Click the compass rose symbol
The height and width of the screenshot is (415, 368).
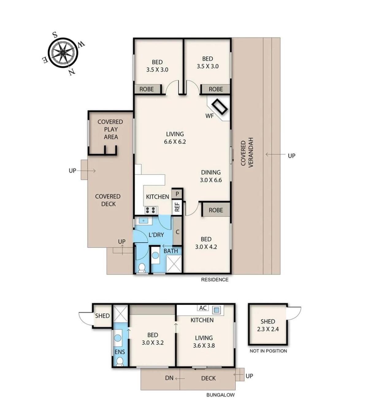click(x=63, y=53)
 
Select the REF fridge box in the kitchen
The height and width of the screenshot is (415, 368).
click(x=177, y=207)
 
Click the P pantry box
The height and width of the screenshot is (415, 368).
click(x=177, y=194)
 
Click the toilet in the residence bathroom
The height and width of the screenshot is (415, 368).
click(x=142, y=268)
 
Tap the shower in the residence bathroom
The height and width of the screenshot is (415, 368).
click(x=174, y=264)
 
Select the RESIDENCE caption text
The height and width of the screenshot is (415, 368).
click(x=215, y=280)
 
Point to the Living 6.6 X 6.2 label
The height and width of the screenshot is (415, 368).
click(x=175, y=138)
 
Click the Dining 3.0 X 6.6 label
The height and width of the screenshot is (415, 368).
click(x=211, y=176)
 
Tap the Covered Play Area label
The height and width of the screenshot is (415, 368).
click(x=110, y=129)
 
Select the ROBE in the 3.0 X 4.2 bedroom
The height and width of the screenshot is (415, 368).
click(x=216, y=210)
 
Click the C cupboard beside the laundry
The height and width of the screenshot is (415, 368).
click(x=177, y=232)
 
